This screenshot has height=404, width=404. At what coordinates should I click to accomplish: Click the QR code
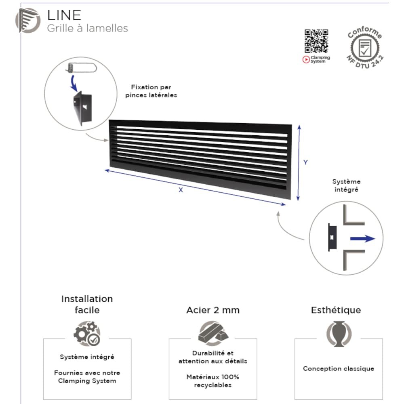(x=316, y=41)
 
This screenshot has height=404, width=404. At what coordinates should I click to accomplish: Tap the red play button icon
(x=306, y=59)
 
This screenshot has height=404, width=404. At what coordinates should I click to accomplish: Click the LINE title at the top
(x=64, y=15)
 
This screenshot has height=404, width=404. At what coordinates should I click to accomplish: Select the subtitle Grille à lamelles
(x=87, y=28)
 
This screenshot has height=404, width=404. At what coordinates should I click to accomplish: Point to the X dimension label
(x=181, y=190)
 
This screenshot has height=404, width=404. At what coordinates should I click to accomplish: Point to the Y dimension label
(x=305, y=162)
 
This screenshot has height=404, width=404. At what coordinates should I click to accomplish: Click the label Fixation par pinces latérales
(x=151, y=91)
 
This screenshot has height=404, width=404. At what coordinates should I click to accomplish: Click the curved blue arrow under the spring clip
(x=74, y=83)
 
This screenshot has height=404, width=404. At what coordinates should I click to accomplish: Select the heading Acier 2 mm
(x=213, y=310)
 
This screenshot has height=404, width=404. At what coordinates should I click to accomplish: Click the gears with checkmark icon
(x=87, y=333)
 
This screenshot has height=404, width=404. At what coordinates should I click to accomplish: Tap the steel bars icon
(x=213, y=333)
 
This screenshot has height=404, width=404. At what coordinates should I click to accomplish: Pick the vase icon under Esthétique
(x=339, y=334)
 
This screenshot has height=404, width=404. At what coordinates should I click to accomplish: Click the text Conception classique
(x=339, y=368)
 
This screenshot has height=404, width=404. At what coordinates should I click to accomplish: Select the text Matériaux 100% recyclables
(x=213, y=381)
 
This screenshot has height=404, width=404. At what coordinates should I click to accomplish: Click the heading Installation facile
(x=87, y=304)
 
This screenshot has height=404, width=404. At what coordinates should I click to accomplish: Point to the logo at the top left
(x=28, y=21)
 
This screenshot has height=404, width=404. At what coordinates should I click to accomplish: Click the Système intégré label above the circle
(x=346, y=185)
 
